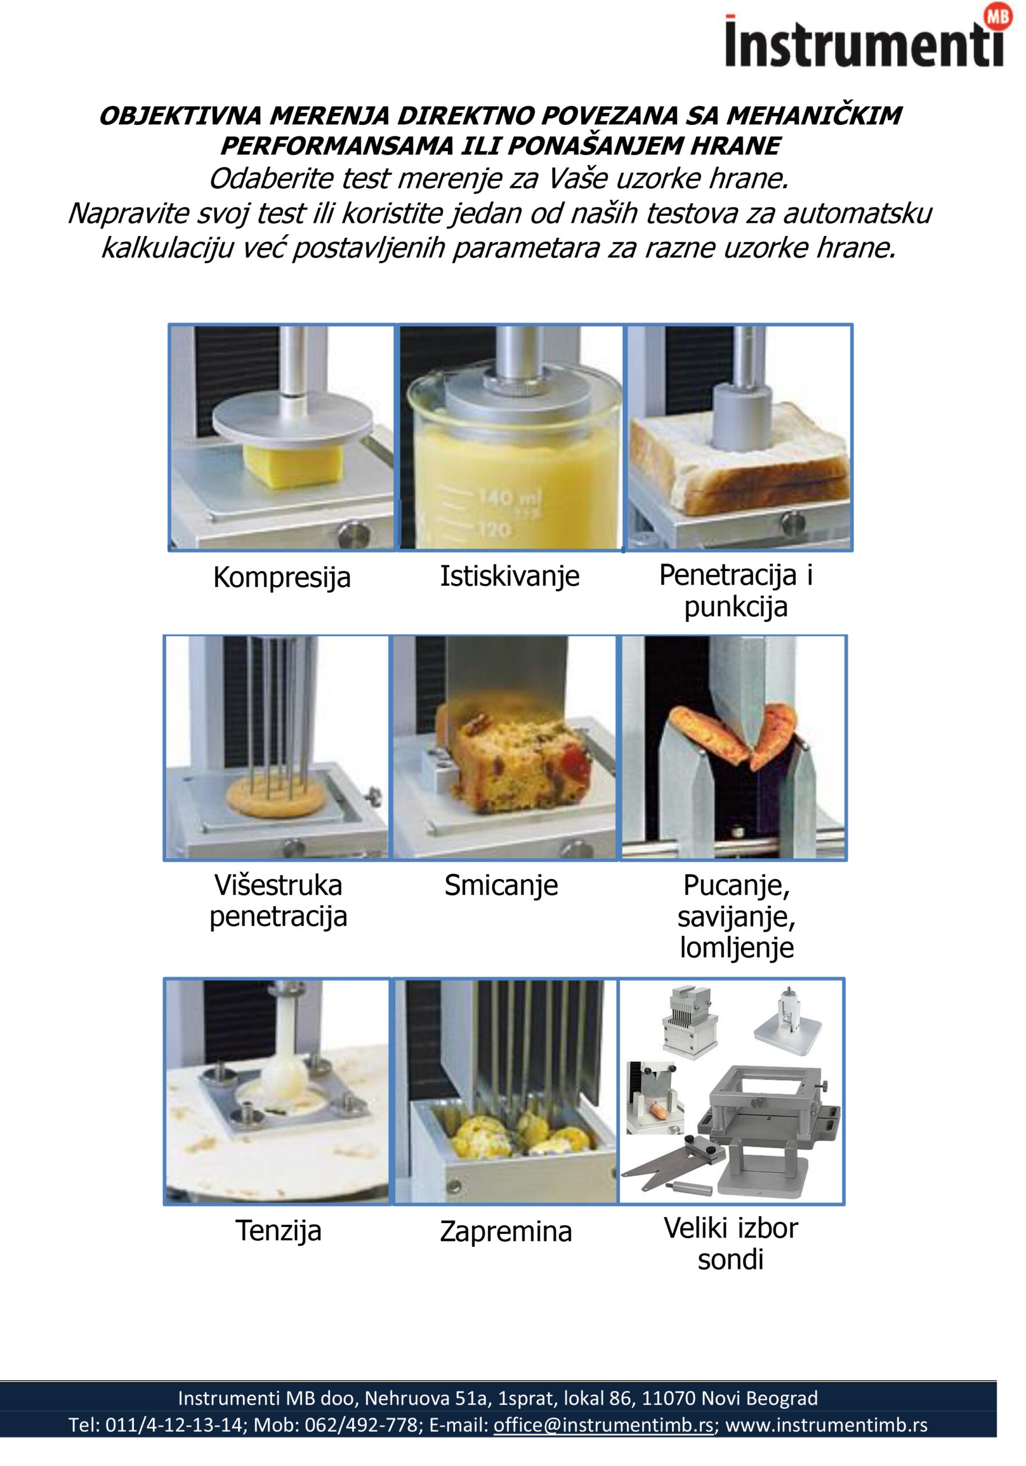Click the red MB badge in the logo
[x=998, y=17]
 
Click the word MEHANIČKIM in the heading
[x=814, y=116]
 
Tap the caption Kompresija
[x=282, y=577]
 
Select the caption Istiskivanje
[x=510, y=576]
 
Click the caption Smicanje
[x=501, y=885]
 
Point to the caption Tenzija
[x=278, y=1231]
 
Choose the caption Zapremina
[x=506, y=1231]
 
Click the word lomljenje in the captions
[x=736, y=948]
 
